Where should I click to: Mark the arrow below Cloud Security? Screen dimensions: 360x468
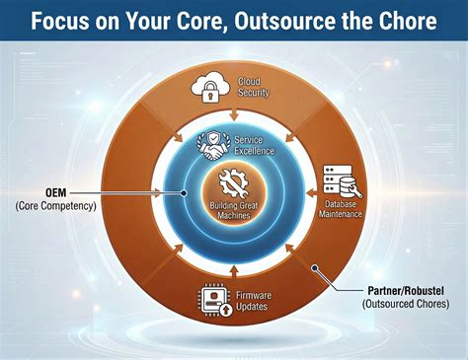pyautogui.click(x=234, y=117)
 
